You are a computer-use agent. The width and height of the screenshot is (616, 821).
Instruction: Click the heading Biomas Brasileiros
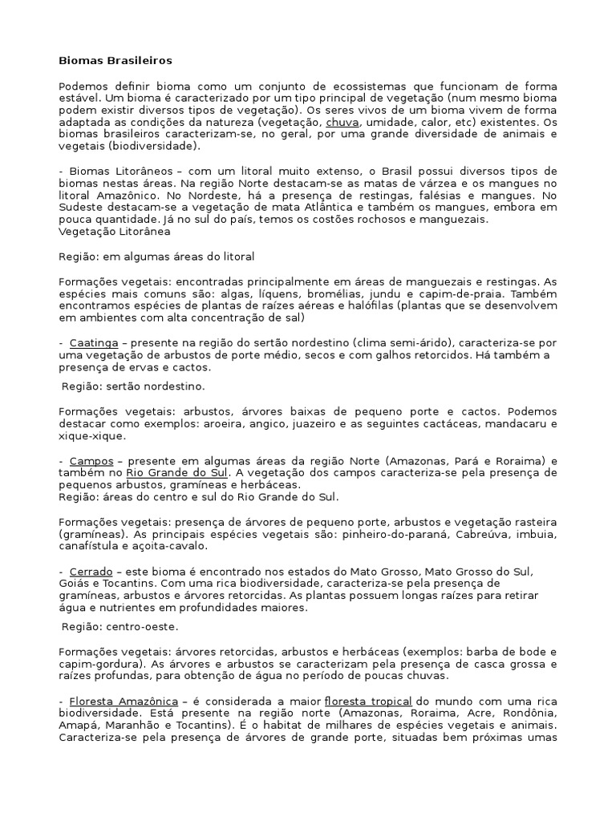(x=115, y=60)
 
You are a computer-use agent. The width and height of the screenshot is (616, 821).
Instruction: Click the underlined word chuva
(x=342, y=123)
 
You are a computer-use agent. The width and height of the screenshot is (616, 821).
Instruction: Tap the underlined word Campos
(x=91, y=461)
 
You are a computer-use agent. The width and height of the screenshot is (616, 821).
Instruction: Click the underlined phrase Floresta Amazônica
(x=124, y=701)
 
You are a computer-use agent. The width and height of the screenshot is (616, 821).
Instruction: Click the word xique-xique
(x=91, y=437)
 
